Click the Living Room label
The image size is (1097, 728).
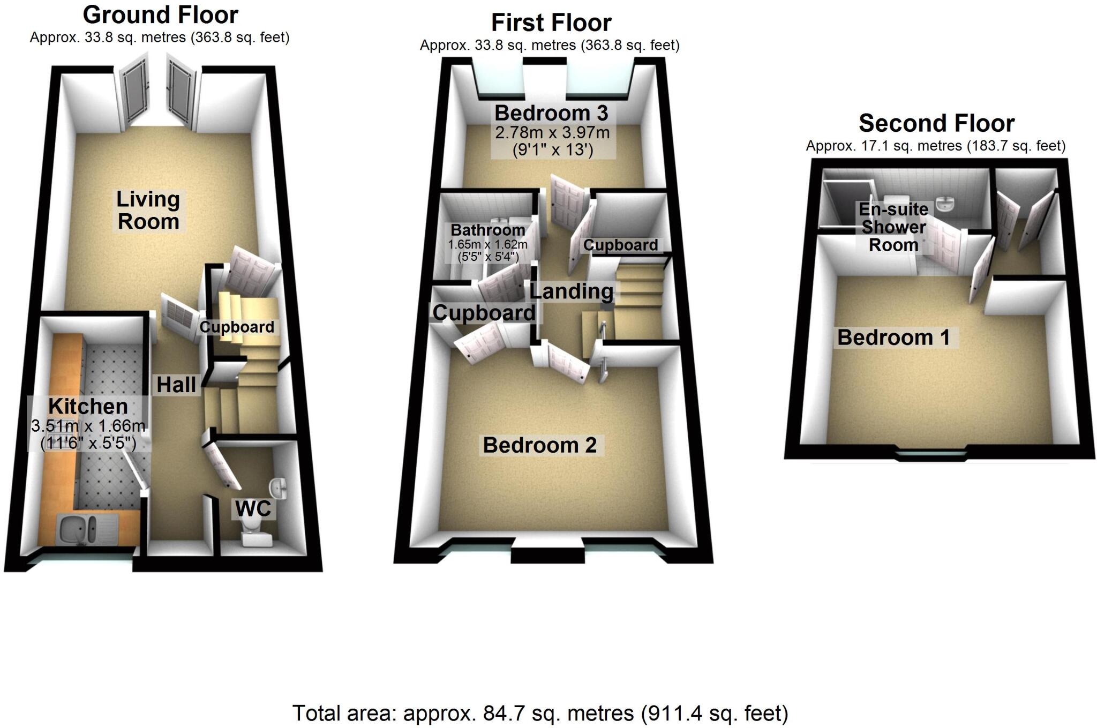pos(148,210)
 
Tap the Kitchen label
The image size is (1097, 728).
pos(88,406)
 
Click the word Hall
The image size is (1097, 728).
pos(176,385)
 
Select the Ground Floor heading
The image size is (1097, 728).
pos(160,15)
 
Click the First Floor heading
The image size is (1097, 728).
pos(551,22)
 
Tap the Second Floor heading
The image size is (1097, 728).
pos(936,123)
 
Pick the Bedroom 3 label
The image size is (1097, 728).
pos(551,113)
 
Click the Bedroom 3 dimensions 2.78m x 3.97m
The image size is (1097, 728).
pos(552,132)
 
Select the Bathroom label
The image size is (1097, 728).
pos(487,230)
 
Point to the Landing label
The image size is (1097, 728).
pos(571,291)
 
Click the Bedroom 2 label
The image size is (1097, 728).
pos(539,445)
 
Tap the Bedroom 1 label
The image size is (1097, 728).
pos(893,337)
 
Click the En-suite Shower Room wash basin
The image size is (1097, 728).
pos(945,204)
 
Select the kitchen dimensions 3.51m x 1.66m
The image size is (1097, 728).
pos(88,426)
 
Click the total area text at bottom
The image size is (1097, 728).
pos(540,714)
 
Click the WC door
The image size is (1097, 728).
pos(226,464)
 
